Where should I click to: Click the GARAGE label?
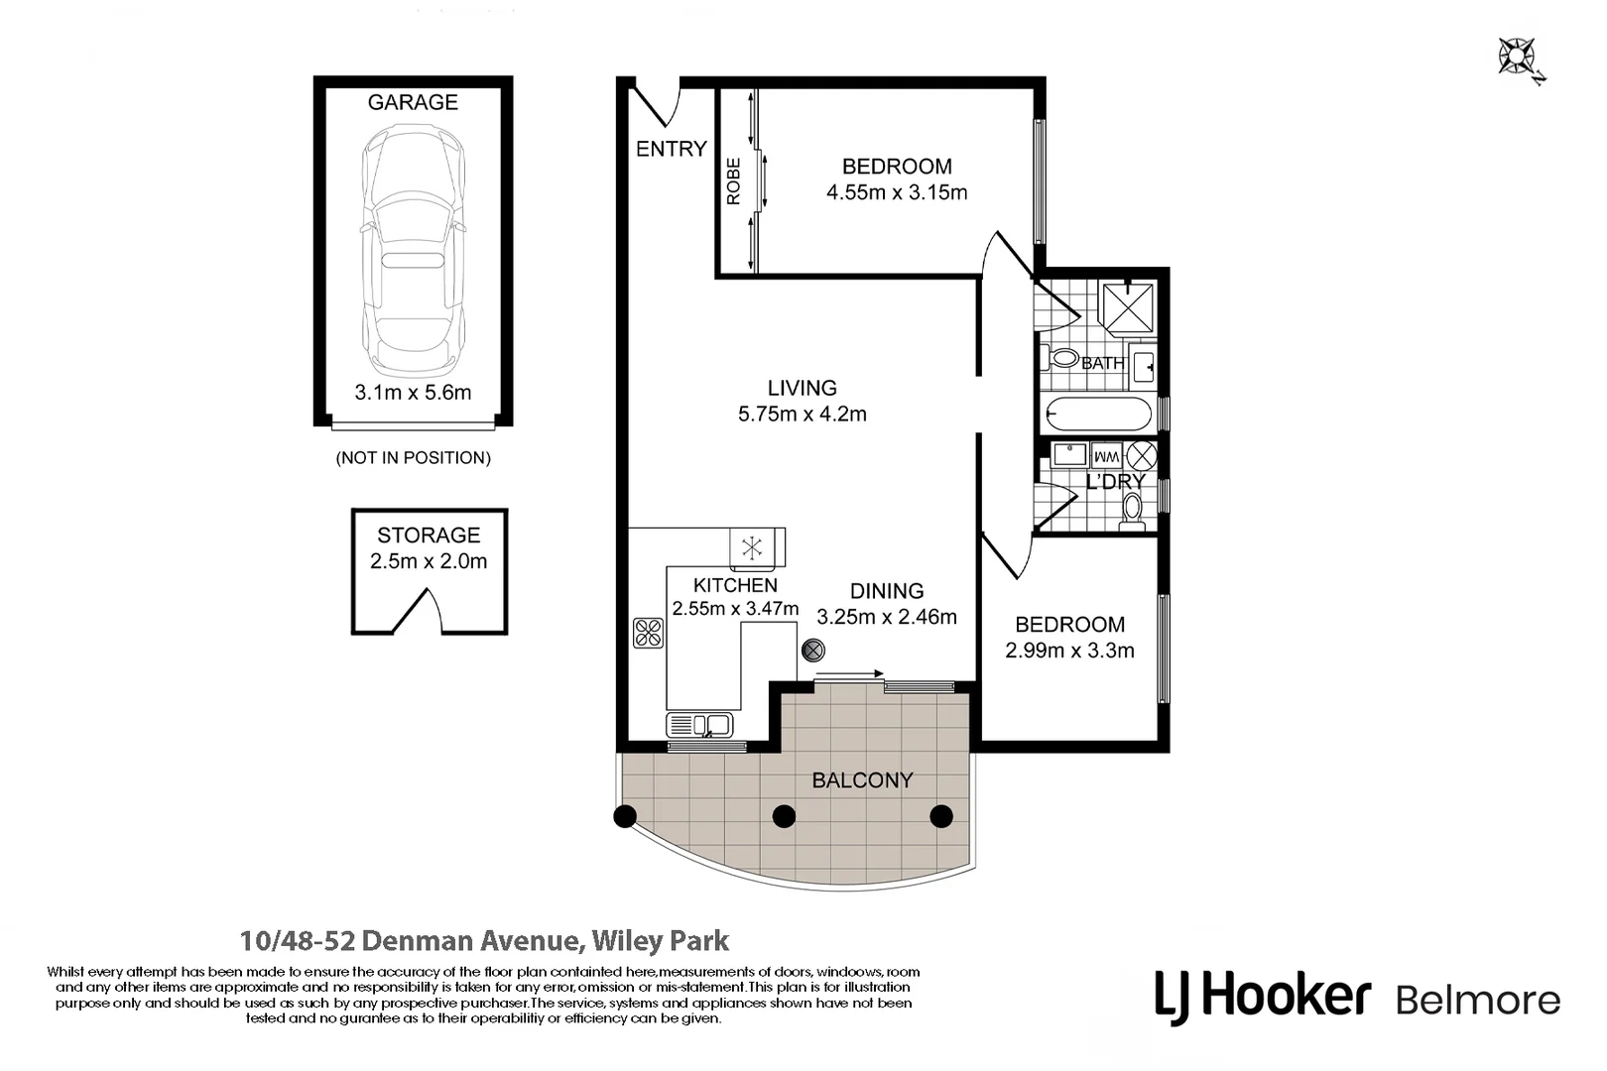413,102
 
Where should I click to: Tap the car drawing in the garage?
413,248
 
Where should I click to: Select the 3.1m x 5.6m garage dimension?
413,392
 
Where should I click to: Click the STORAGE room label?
429,535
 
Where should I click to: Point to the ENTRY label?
671,149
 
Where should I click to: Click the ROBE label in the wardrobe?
734,181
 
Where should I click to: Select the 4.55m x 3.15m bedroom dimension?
897,192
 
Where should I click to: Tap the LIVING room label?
802,388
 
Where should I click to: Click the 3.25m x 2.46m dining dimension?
886,617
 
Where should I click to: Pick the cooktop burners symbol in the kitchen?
648,633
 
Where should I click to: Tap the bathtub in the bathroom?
1098,414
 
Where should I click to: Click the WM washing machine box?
1106,456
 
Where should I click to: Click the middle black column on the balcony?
784,816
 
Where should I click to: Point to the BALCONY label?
862,780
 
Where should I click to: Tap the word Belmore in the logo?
1477,1000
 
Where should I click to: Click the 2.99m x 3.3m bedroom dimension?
1069,651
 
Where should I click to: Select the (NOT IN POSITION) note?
413,457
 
